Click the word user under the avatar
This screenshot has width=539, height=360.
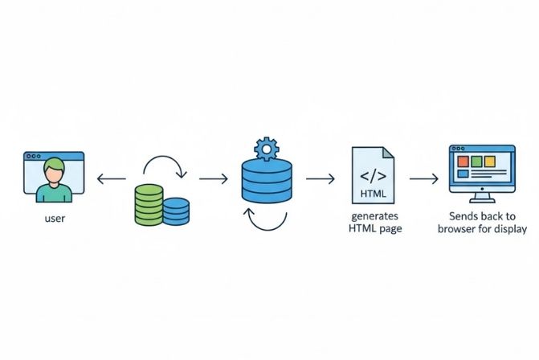[54, 218]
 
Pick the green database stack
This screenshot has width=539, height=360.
[147, 203]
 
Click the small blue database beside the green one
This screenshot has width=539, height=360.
[176, 211]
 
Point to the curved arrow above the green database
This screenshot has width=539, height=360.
[164, 165]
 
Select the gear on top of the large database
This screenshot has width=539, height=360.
[265, 149]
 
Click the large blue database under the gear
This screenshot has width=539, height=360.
[265, 182]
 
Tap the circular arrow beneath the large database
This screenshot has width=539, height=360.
[265, 219]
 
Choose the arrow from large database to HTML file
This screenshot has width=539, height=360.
[321, 178]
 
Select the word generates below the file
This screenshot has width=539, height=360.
[375, 217]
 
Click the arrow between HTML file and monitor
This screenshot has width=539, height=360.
[423, 178]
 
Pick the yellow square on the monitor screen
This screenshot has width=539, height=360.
[490, 162]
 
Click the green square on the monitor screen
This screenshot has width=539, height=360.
[476, 162]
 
